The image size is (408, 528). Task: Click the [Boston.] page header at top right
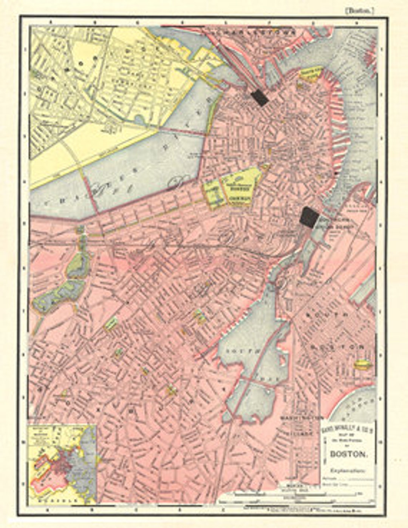[359, 11]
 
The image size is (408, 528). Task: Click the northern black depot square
[260, 98]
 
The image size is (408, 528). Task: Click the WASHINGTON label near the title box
[302, 418]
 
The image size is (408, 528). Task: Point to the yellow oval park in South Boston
[363, 364]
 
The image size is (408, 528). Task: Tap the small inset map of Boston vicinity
[63, 465]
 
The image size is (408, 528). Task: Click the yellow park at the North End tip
[311, 74]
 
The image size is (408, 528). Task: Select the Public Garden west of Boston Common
[214, 193]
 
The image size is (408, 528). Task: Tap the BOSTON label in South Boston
[337, 346]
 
